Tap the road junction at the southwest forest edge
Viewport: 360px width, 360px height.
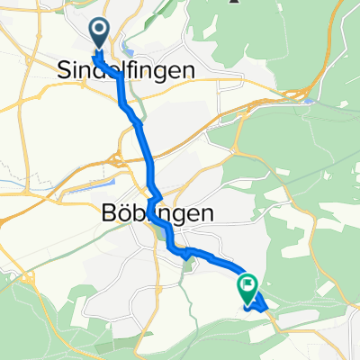[x=20, y=279]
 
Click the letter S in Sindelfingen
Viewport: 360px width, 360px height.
[x=65, y=69]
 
